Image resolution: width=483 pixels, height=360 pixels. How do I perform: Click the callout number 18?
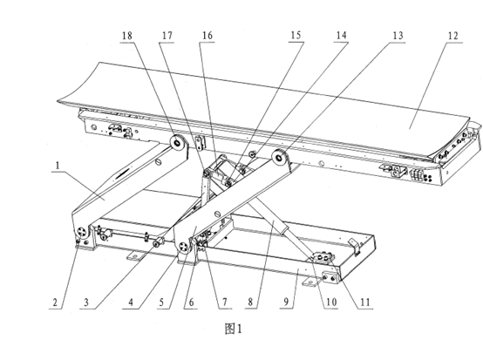tap(127, 36)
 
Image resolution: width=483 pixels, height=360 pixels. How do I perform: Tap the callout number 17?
tap(167, 36)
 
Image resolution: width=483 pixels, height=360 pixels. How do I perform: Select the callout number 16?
tap(207, 36)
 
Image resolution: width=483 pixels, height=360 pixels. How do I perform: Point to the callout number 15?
tap(296, 35)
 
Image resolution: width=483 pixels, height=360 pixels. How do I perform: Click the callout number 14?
tap(341, 36)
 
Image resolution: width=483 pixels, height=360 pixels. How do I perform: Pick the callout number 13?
tap(398, 36)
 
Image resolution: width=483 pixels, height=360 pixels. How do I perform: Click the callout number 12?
tap(452, 36)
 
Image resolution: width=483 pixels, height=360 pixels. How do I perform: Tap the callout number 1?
tap(58, 166)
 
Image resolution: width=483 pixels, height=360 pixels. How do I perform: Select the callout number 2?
tap(55, 302)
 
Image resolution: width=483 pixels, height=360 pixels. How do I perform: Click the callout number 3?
tap(86, 302)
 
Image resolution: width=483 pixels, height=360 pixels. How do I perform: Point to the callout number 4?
tap(131, 302)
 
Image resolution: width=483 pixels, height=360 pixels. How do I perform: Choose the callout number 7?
tap(225, 302)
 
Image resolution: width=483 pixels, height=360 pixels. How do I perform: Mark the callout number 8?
tap(250, 302)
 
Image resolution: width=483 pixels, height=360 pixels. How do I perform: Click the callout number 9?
tap(286, 302)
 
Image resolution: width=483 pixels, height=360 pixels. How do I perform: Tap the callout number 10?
tap(331, 302)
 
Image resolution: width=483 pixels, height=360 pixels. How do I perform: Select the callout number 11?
tap(365, 302)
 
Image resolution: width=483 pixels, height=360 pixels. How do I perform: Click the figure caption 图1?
tap(233, 329)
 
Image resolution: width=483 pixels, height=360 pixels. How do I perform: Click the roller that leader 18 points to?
tap(178, 143)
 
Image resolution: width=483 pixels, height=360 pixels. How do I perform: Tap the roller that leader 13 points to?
tap(279, 158)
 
